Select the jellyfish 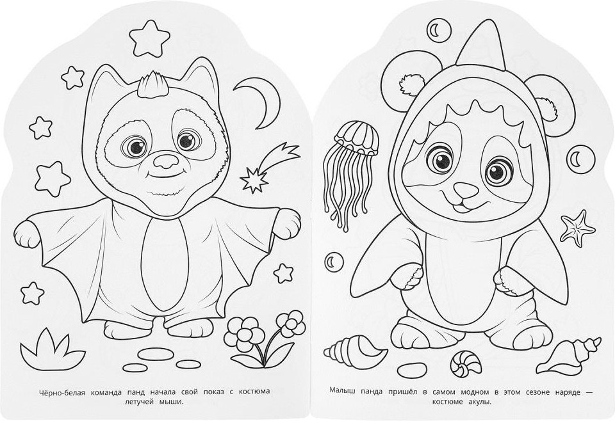[352, 172]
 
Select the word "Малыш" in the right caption [341, 392]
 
